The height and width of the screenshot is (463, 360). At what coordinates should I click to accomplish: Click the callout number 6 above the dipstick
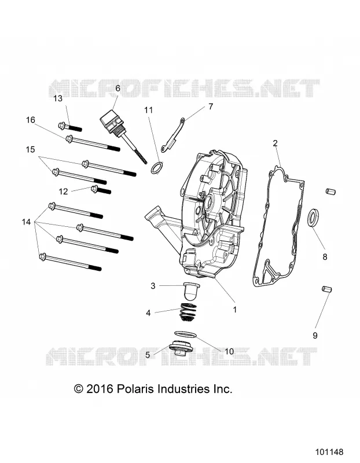click(x=117, y=89)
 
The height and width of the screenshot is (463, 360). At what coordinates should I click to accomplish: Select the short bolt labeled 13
click(x=70, y=127)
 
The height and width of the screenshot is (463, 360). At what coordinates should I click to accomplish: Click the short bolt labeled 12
click(x=101, y=190)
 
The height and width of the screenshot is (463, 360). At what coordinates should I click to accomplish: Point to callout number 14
click(x=26, y=222)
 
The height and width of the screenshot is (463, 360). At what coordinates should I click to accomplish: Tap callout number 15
click(x=31, y=149)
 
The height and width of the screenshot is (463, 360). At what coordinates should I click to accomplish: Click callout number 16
click(x=31, y=120)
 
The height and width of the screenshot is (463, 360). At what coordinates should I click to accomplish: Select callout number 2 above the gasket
click(x=275, y=143)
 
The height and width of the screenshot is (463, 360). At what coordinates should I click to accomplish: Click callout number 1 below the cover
click(x=235, y=310)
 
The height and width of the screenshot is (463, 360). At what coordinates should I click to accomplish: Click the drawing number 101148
click(x=329, y=452)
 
